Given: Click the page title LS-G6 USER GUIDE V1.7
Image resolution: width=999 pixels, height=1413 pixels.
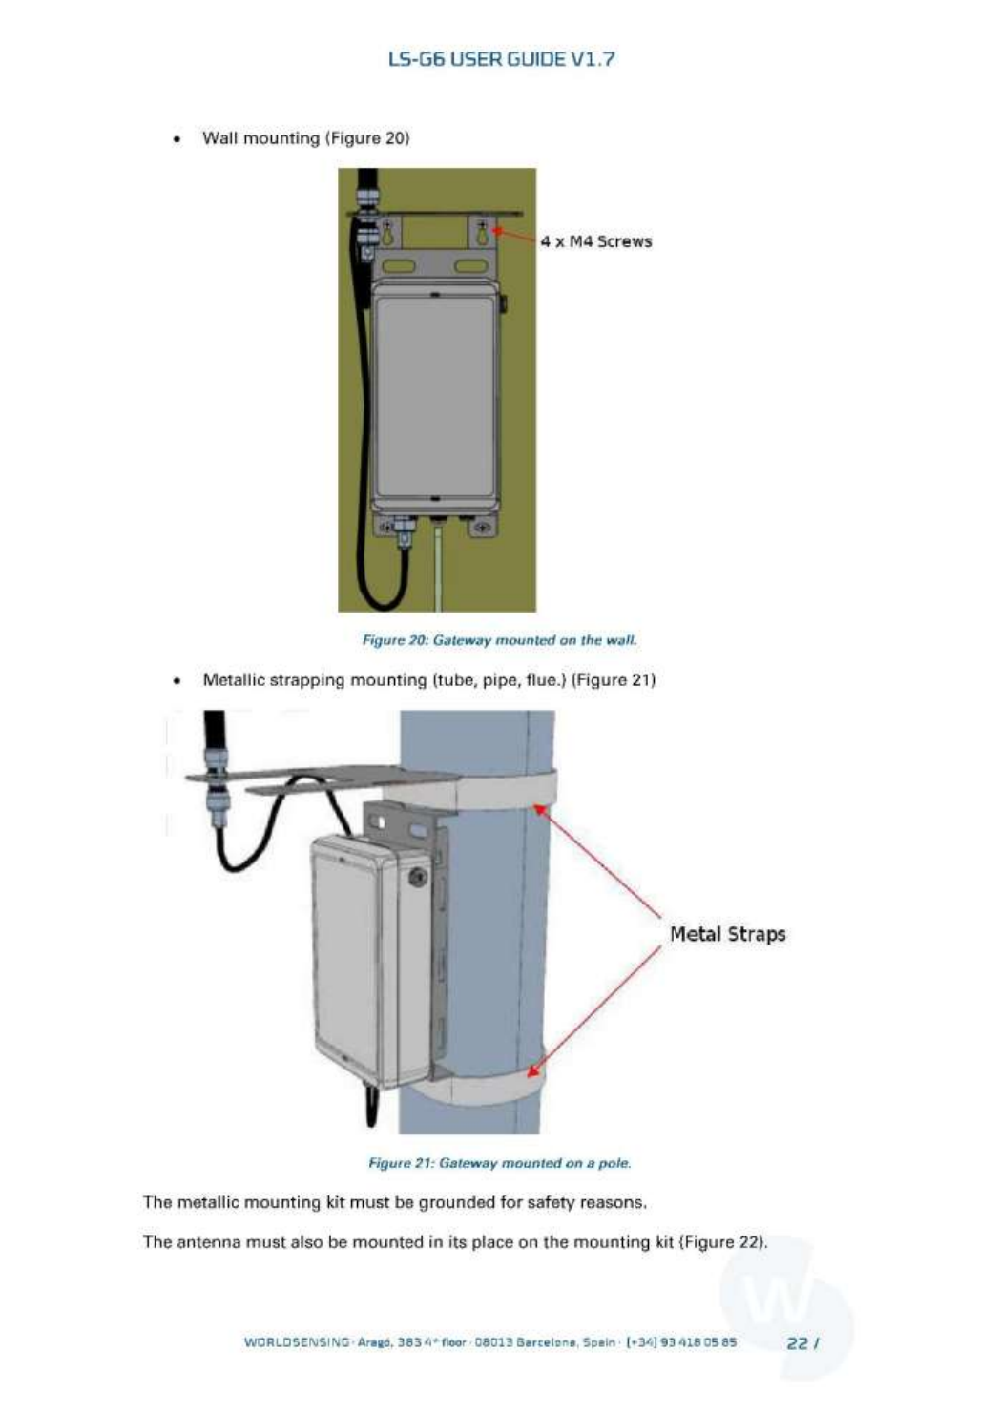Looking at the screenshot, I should tap(501, 59).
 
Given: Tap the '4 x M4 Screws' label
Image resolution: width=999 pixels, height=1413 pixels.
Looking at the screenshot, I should tap(596, 241).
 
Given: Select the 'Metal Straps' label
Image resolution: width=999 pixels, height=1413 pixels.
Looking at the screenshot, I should tap(727, 934).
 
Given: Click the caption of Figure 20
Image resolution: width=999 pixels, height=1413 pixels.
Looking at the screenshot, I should tap(499, 639).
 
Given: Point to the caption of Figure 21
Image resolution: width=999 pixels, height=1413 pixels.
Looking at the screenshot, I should tap(499, 1162).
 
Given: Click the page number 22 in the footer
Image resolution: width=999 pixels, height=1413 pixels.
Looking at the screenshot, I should tap(797, 1342).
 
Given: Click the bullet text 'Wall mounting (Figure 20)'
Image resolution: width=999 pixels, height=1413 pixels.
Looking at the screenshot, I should tap(305, 138).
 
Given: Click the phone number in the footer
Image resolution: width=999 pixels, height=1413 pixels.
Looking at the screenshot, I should tap(681, 1342).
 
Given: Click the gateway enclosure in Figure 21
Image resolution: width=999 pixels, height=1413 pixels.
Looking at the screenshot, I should tap(358, 954).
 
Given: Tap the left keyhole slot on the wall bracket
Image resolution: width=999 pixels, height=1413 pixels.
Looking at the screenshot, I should tap(389, 232).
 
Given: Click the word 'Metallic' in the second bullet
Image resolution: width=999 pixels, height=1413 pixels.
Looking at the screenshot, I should tap(234, 680).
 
